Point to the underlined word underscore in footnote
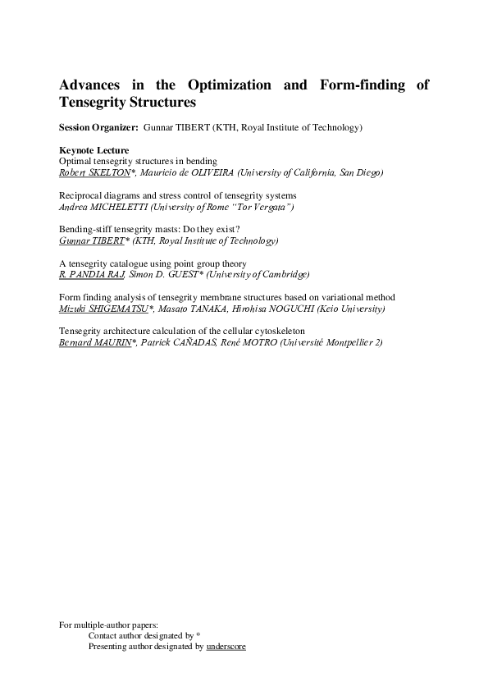pos(226,647)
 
